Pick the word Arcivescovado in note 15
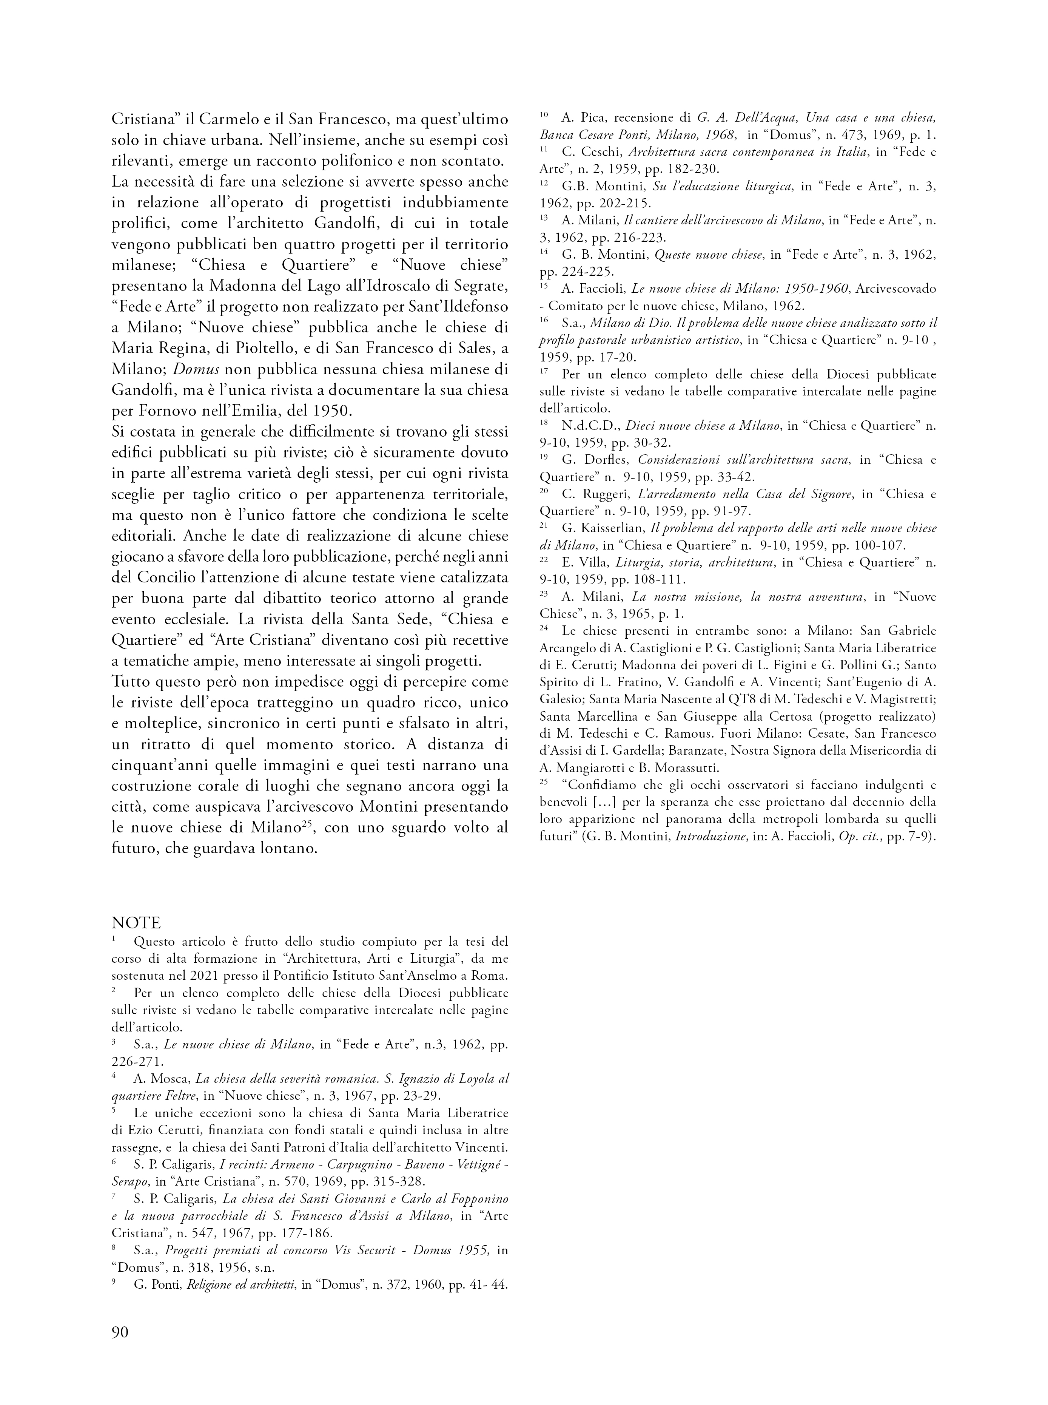point(896,289)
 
